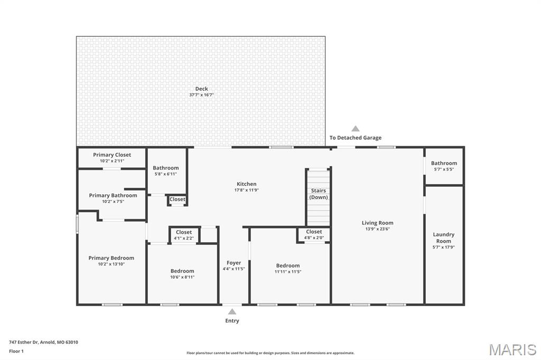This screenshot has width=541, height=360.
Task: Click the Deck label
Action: coord(201,89)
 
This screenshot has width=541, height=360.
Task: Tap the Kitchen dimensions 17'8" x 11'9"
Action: coord(247,191)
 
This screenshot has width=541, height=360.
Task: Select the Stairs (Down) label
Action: coord(318,194)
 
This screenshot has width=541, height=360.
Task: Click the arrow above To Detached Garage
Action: coord(356,128)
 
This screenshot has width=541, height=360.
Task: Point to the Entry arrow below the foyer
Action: coord(232,311)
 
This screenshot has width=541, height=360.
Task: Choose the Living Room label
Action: coord(377,223)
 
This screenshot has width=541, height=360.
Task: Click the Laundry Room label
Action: coord(443,238)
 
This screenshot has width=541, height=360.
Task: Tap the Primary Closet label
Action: coord(112,155)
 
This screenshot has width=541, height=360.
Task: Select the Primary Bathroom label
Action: coord(113,195)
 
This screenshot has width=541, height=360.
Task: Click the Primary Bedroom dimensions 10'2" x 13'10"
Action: coord(111,264)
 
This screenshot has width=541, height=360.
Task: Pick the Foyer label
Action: coord(234,263)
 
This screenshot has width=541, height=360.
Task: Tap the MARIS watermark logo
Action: coord(512,349)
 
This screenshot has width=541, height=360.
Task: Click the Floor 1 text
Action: coord(16,351)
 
